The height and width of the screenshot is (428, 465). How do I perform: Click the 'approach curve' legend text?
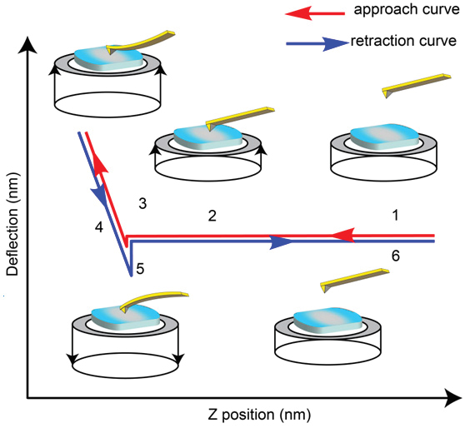[407, 9]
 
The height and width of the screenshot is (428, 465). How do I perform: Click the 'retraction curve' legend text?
[403, 41]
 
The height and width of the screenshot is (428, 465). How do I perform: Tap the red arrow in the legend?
[315, 13]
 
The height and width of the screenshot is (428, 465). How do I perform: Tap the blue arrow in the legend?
[317, 43]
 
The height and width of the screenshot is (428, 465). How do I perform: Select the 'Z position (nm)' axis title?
[259, 415]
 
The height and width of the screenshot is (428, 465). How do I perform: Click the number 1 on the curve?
[395, 215]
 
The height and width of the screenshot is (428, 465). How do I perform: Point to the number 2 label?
[212, 216]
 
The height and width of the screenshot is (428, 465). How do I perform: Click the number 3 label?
[142, 204]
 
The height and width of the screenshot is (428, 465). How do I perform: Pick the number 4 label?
[99, 227]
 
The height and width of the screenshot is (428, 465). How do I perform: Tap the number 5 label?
[140, 268]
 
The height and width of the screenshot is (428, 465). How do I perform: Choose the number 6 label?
[396, 256]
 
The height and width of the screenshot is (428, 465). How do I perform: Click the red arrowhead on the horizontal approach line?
[342, 236]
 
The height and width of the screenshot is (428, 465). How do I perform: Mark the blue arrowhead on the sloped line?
[100, 197]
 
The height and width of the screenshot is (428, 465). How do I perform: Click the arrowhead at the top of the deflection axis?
[27, 45]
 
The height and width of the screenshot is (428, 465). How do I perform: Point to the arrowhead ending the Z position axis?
[452, 398]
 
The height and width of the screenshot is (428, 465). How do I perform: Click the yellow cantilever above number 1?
[417, 85]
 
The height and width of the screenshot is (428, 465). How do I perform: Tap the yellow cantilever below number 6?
[354, 280]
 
